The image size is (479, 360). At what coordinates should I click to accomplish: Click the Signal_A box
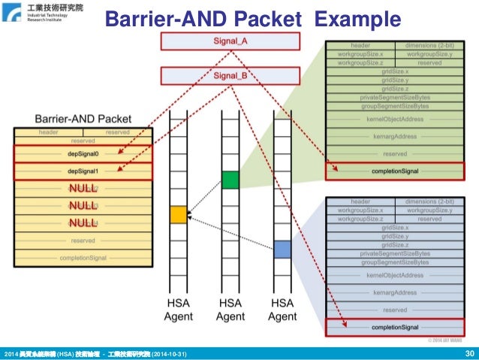pyautogui.click(x=230, y=42)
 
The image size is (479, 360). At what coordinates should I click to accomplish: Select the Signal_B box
pyautogui.click(x=230, y=75)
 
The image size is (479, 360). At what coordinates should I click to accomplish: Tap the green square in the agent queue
pyautogui.click(x=230, y=180)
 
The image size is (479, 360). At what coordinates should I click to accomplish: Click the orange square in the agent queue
pyautogui.click(x=178, y=214)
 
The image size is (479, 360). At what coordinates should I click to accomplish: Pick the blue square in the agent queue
pyautogui.click(x=282, y=248)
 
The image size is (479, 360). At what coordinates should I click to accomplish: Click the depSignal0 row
pyautogui.click(x=83, y=153)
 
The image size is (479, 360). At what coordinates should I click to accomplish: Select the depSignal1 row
pyautogui.click(x=83, y=171)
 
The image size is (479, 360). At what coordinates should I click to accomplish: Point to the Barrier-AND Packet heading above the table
pyautogui.click(x=83, y=119)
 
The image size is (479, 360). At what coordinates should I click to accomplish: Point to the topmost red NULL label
pyautogui.click(x=83, y=189)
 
